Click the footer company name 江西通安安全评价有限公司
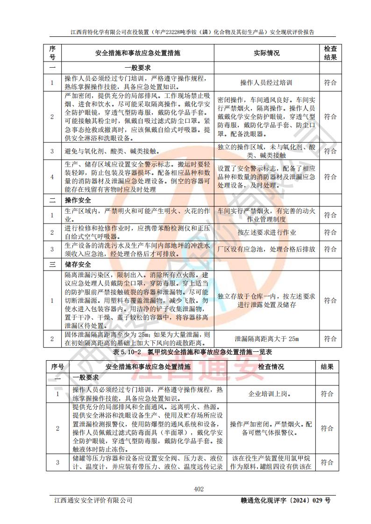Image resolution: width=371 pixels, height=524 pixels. [x=93, y=500]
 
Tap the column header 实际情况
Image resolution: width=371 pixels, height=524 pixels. [x=266, y=53]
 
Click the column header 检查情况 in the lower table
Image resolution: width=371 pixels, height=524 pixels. [x=271, y=367]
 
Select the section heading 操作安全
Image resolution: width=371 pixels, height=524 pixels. [x=78, y=200]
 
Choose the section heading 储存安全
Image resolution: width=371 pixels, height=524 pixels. [x=78, y=265]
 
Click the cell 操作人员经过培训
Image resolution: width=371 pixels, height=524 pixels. [x=266, y=83]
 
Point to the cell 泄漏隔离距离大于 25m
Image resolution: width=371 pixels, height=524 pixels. [x=266, y=339]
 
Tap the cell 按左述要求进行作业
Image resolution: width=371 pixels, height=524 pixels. [x=266, y=232]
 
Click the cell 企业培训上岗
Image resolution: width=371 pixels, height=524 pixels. [x=271, y=394]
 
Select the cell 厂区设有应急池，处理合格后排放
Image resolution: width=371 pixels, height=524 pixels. [x=266, y=249]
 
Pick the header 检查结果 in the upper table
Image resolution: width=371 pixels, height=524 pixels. [x=330, y=53]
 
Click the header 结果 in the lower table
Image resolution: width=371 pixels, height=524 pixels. [x=327, y=367]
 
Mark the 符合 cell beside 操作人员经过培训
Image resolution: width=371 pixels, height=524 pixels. [x=330, y=83]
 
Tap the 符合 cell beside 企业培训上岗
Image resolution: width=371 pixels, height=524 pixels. [x=327, y=394]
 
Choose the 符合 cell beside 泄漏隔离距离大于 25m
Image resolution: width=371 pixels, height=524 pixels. [x=330, y=339]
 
